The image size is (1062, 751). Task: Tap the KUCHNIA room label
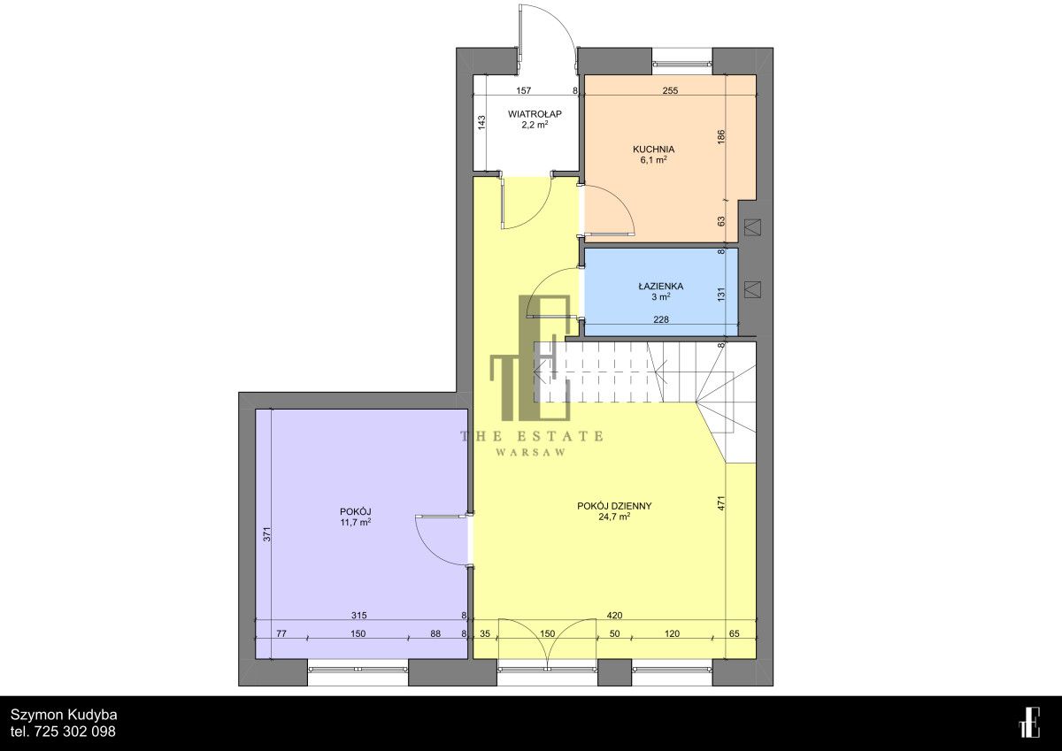pyautogui.click(x=653, y=149)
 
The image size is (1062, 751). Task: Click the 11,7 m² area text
pyautogui.click(x=355, y=522)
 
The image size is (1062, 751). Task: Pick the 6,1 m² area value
pyautogui.click(x=653, y=160)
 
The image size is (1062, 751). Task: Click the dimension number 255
pyautogui.click(x=670, y=90)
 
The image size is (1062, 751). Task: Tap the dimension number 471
pyautogui.click(x=721, y=502)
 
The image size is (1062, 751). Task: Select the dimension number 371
pyautogui.click(x=267, y=534)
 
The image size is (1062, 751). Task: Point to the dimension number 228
pyautogui.click(x=661, y=319)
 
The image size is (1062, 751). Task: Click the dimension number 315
pyautogui.click(x=359, y=616)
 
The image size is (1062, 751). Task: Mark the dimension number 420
pyautogui.click(x=614, y=616)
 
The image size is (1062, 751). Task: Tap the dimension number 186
pyautogui.click(x=721, y=137)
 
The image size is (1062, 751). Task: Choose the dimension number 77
pyautogui.click(x=281, y=633)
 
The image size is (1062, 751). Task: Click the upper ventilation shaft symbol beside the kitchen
pyautogui.click(x=753, y=227)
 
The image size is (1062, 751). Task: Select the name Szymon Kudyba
pyautogui.click(x=64, y=715)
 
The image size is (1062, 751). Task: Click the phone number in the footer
pyautogui.click(x=63, y=732)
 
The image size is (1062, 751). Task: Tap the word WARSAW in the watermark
pyautogui.click(x=531, y=453)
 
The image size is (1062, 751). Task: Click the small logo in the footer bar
pyautogui.click(x=1029, y=723)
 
